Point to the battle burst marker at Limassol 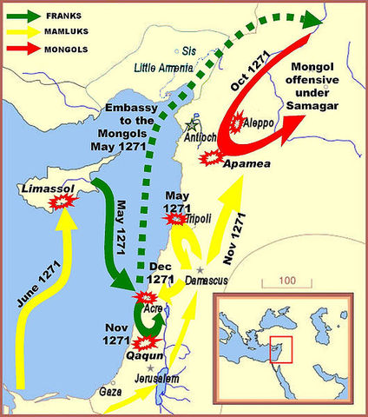tap(60, 202)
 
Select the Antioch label tap(201, 137)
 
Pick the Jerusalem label tap(157, 380)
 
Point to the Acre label tap(153, 309)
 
